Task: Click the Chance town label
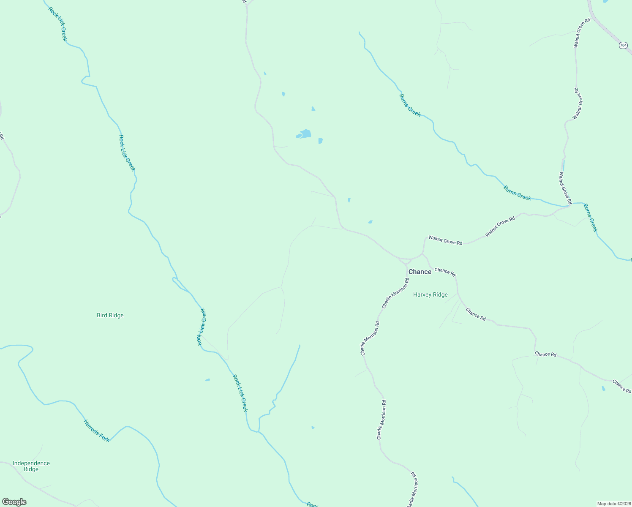coord(420,272)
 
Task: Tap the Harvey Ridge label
coord(430,295)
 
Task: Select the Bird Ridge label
coord(110,315)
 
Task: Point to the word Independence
coord(31,463)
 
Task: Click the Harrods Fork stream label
coord(96,431)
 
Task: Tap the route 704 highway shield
coord(623,45)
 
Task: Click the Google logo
coord(14,502)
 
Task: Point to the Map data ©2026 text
coord(613,504)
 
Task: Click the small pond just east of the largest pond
coord(320,141)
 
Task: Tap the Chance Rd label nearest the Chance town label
coord(445,272)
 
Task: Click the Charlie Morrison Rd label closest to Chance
coord(395,293)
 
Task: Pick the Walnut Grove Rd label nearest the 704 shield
coord(582,33)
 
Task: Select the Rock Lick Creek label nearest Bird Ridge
coord(202,327)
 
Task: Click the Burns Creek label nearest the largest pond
coord(410,105)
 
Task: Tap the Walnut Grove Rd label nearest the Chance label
coord(445,240)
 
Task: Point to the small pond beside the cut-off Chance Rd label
coord(603,388)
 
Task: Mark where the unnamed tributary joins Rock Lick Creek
coord(259,431)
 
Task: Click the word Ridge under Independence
coord(31,469)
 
